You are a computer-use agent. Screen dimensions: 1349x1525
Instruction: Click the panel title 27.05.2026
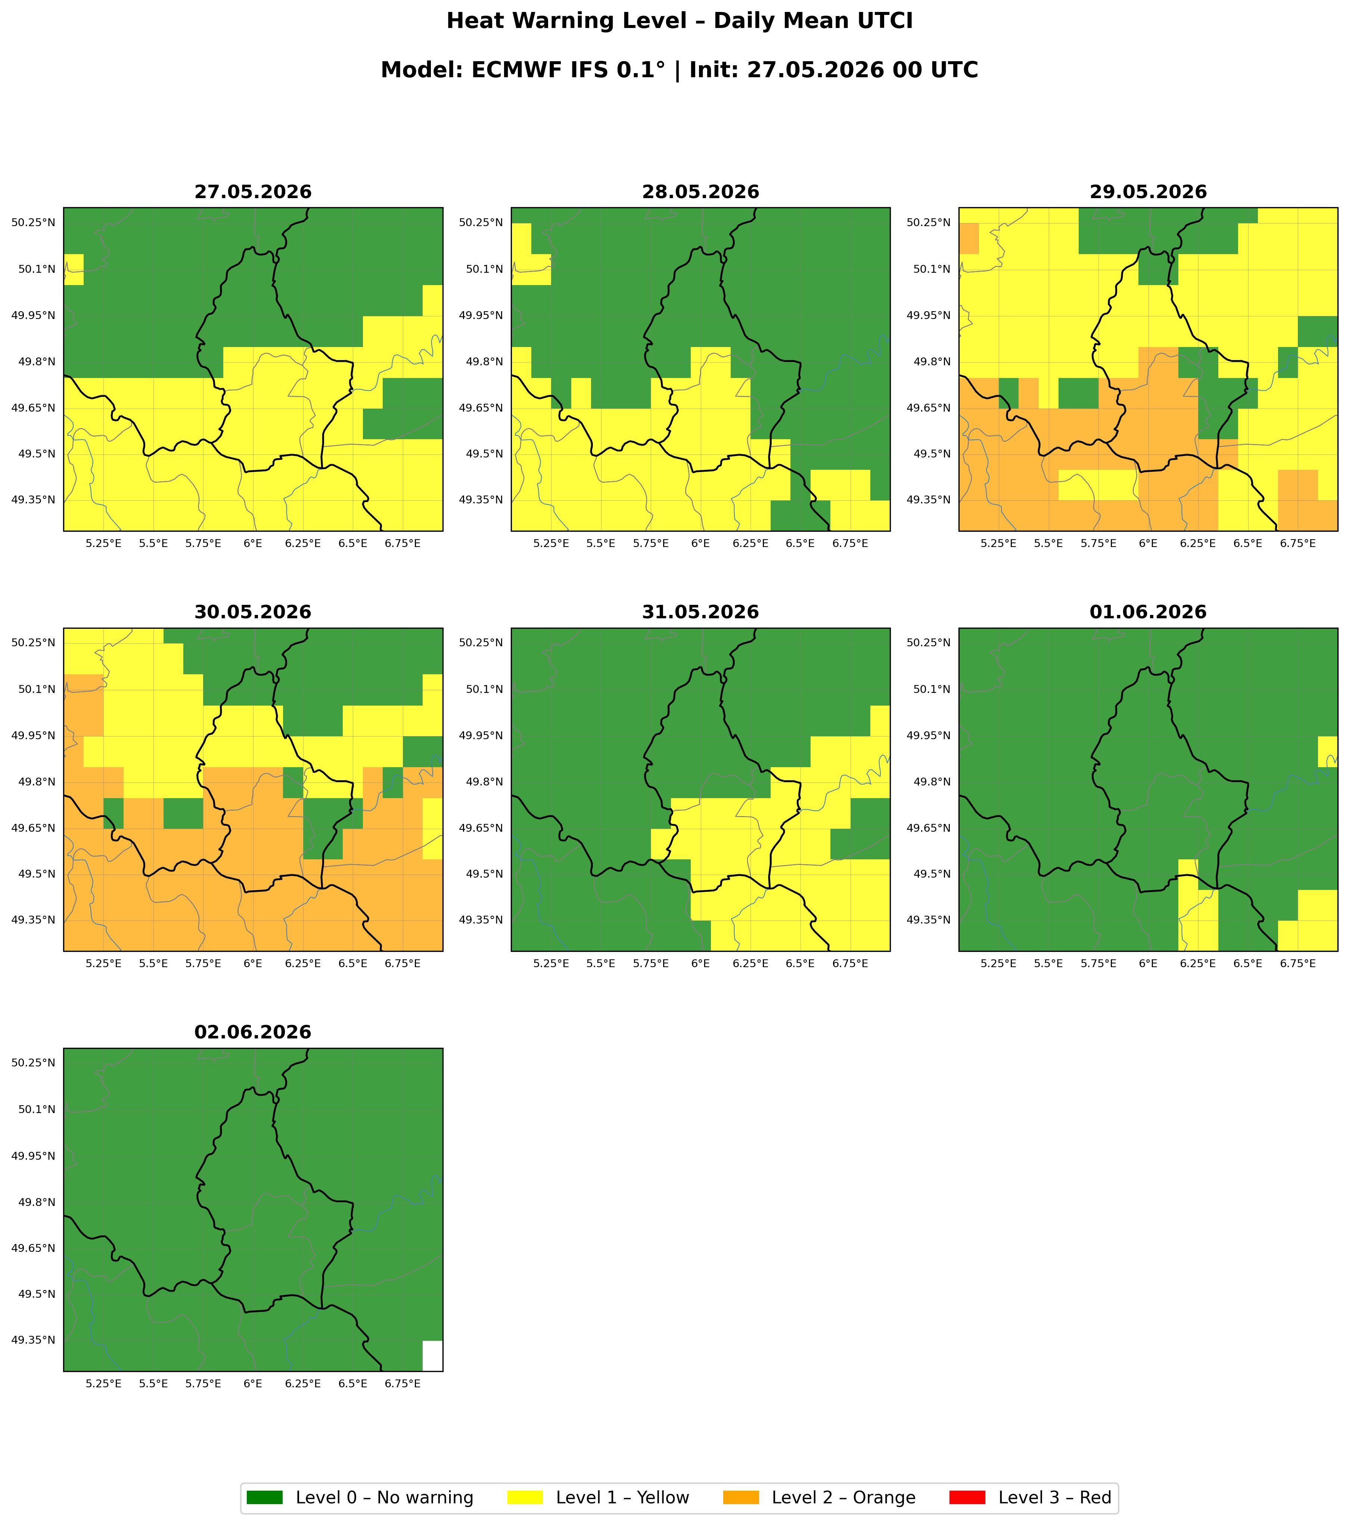[253, 193]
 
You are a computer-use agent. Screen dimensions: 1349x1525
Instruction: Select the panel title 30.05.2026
[253, 613]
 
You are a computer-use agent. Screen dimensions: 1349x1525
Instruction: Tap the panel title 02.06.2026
[253, 1032]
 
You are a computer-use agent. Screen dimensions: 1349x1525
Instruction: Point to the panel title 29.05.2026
[1148, 193]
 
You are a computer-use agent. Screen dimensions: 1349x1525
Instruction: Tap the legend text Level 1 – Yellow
[623, 1497]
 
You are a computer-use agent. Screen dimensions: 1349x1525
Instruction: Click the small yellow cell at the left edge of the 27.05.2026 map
[73, 269]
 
